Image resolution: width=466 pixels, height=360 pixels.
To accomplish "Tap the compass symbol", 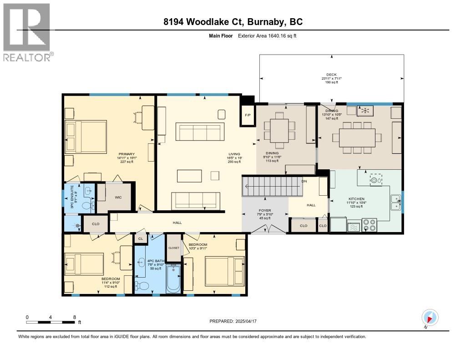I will tap(430, 317).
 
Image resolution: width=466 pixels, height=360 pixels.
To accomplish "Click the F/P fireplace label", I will tap(248, 114).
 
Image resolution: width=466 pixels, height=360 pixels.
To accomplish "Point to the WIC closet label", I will tap(118, 197).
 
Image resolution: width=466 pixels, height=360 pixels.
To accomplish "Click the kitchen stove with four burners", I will tap(370, 225).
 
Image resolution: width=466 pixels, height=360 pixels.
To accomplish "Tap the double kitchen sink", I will tap(395, 202).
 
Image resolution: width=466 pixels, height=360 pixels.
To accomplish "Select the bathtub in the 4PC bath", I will tap(173, 279).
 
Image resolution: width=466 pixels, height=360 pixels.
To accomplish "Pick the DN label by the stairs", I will tap(304, 181).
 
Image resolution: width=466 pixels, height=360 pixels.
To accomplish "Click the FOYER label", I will tap(264, 212).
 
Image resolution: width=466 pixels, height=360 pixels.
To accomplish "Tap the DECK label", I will tap(331, 75).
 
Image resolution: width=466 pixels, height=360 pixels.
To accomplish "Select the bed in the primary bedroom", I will tap(86, 137).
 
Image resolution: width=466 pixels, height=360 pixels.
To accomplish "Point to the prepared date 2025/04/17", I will tap(233, 321).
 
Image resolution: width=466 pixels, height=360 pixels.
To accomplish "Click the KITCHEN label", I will tap(356, 199).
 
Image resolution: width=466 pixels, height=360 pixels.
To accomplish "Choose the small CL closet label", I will tap(141, 238).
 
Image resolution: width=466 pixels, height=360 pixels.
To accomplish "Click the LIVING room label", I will tap(234, 154).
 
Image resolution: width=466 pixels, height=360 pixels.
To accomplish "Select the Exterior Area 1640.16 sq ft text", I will tap(267, 35).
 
